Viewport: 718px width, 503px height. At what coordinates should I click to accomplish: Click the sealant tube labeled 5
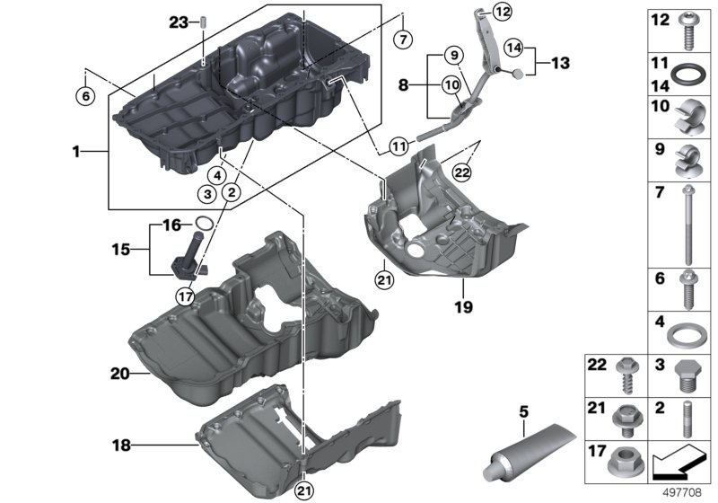coord(528,454)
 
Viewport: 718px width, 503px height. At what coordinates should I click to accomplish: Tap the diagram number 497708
coord(683,492)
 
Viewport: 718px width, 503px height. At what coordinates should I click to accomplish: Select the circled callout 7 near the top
coord(403,40)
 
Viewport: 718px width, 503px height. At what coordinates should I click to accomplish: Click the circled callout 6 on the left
coord(85,96)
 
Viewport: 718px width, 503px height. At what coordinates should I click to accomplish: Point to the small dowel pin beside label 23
coord(203,22)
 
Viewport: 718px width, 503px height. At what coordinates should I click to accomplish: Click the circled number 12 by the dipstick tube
coord(503,12)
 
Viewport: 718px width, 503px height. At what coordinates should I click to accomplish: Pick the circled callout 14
coord(513,48)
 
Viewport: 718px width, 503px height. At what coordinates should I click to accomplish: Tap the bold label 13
coord(560,62)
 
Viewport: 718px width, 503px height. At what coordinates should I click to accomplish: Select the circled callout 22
coord(461,172)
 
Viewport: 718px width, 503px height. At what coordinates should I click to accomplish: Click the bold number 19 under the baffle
coord(463,307)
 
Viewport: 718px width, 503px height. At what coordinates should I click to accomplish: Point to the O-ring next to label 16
coord(205,223)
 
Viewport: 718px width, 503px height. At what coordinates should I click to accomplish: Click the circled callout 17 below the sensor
coord(186,297)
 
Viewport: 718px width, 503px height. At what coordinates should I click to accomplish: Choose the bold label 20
coord(120,374)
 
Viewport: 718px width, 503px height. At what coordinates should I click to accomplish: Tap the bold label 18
coord(121,445)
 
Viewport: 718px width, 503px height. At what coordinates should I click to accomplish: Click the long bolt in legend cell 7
coord(688,225)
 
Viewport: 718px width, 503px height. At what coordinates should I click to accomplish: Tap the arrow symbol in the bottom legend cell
coord(679,463)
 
